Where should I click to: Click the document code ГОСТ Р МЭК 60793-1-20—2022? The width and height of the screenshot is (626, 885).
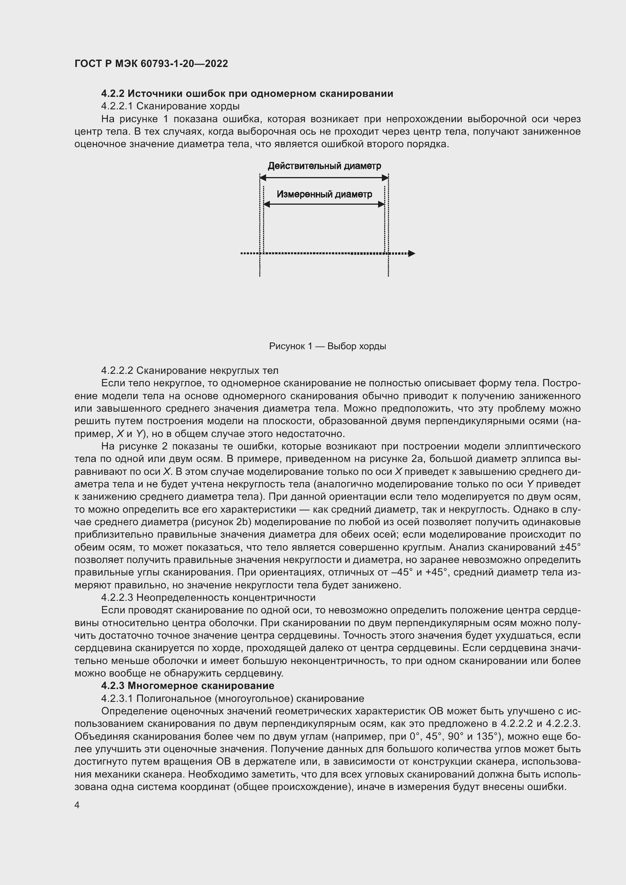[x=151, y=64]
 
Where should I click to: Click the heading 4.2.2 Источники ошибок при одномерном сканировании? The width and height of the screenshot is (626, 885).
[x=247, y=94]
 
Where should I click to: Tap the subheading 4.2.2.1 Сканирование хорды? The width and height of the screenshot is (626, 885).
[x=170, y=106]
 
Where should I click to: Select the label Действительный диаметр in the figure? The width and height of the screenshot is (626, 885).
[x=324, y=166]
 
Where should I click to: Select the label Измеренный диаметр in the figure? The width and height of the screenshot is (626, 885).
[x=324, y=194]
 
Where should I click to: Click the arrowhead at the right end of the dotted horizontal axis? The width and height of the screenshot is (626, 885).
[x=412, y=254]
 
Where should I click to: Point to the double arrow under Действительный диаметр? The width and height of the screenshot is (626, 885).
[x=324, y=178]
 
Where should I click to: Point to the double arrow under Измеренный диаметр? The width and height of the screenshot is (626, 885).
[x=324, y=205]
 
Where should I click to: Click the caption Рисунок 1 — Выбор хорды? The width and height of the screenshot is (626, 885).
[x=327, y=346]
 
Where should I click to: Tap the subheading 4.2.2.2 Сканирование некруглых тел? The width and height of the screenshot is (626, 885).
[x=189, y=370]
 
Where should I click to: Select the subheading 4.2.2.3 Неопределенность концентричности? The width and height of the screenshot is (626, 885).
[x=208, y=597]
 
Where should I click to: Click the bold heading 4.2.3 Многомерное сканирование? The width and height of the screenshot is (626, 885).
[x=188, y=686]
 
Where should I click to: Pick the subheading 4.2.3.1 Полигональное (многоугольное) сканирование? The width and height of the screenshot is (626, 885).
[x=232, y=698]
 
